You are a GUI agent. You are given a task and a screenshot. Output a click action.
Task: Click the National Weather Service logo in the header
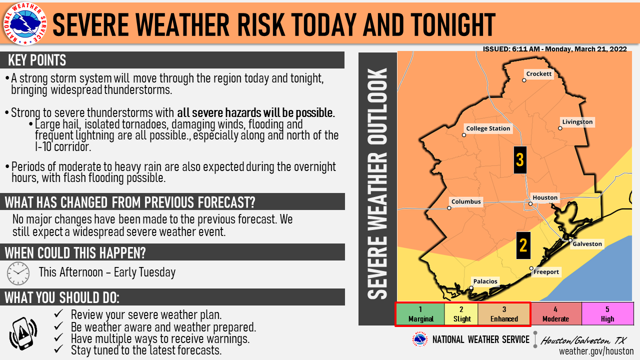click(25, 23)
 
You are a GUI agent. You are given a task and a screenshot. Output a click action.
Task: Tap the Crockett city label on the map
click(538, 73)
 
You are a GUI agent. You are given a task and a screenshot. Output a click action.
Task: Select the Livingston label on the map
click(577, 121)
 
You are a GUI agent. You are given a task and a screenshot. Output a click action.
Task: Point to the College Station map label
click(488, 128)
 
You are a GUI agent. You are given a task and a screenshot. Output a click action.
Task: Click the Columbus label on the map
click(466, 201)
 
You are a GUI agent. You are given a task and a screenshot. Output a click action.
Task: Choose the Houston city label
click(545, 197)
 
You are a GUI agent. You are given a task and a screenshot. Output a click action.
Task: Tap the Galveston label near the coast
click(587, 243)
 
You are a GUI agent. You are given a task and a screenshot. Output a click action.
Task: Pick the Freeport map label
click(546, 271)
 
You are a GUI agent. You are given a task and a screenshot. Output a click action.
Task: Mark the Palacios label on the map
click(485, 281)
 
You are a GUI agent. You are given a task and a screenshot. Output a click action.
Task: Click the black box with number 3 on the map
click(520, 160)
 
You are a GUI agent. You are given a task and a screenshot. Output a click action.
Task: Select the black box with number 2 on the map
click(523, 245)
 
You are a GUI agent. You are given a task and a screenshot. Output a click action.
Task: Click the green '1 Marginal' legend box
click(420, 314)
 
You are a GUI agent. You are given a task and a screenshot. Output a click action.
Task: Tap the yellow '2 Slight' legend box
click(461, 314)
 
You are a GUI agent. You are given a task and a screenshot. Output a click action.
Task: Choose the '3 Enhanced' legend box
click(504, 314)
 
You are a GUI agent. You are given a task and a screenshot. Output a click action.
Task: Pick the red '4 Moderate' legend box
click(555, 314)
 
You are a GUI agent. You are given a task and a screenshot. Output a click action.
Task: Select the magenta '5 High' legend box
click(607, 314)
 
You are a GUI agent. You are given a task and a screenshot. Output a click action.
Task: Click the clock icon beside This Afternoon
click(18, 273)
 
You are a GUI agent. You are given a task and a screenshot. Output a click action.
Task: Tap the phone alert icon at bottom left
click(23, 333)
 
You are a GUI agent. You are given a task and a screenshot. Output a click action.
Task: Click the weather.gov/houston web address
click(596, 351)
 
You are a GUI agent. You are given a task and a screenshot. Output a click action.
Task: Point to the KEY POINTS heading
click(37, 60)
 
